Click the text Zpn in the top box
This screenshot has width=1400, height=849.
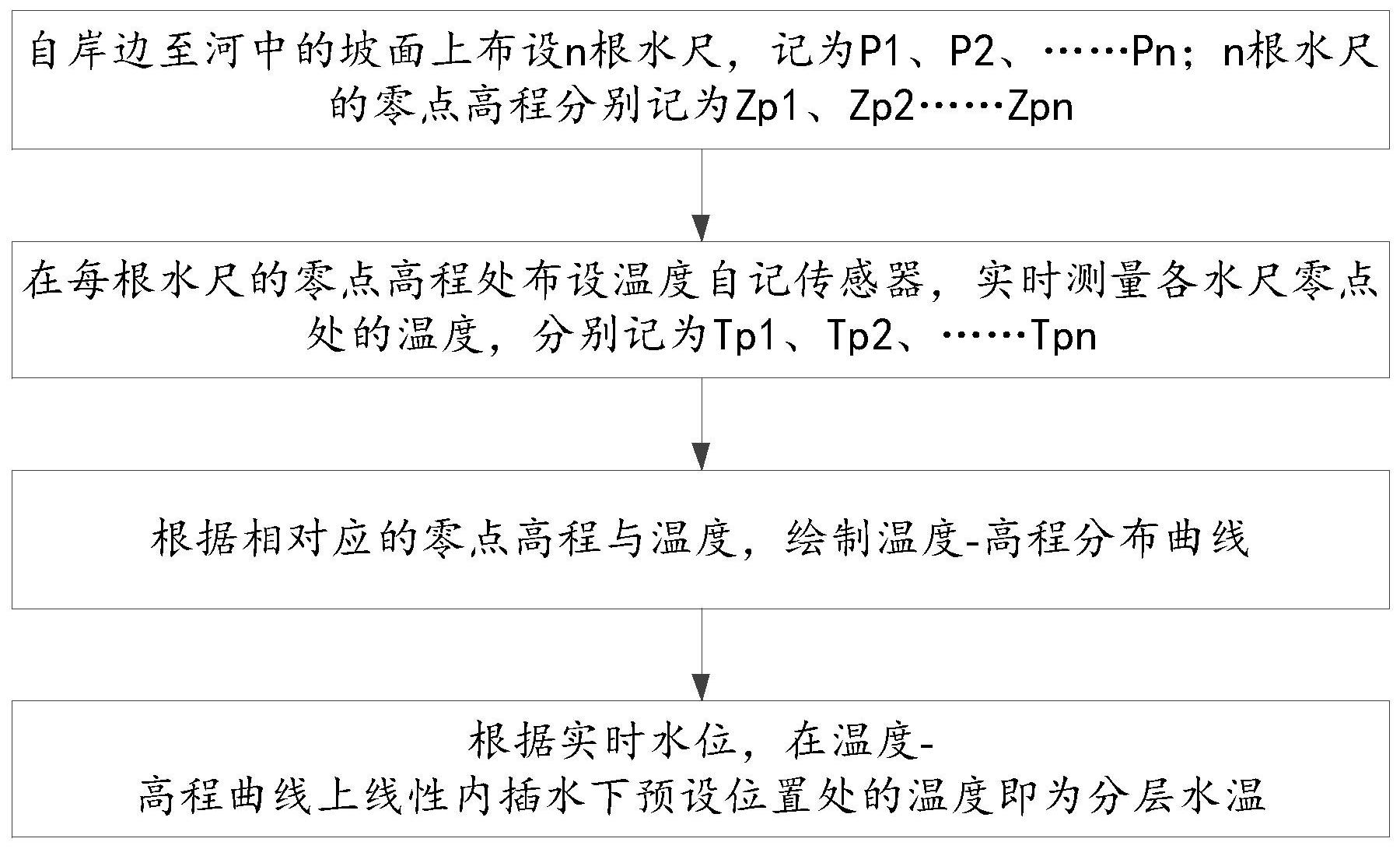tap(1040, 107)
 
